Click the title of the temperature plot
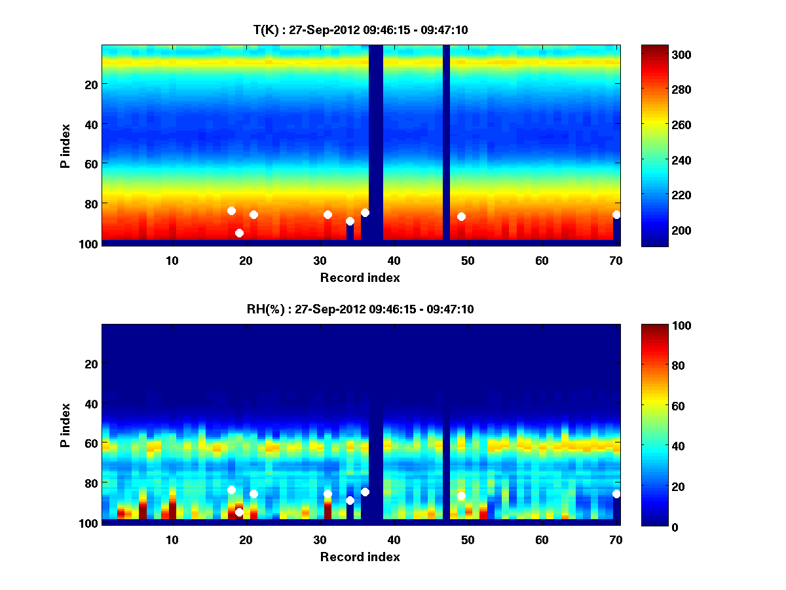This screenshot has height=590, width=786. click(x=360, y=29)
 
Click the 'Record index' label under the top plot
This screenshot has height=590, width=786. click(x=360, y=277)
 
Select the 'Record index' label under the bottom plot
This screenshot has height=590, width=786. click(x=360, y=557)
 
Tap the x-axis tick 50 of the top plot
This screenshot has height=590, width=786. click(x=468, y=260)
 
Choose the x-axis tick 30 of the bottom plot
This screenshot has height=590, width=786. click(x=320, y=540)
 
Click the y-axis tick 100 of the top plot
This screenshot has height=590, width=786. click(x=90, y=244)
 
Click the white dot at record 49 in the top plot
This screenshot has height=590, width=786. click(x=461, y=216)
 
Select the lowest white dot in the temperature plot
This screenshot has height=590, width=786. click(x=239, y=233)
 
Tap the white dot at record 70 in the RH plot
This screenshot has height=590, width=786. click(x=616, y=494)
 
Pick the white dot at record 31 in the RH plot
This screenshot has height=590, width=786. click(x=327, y=494)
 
